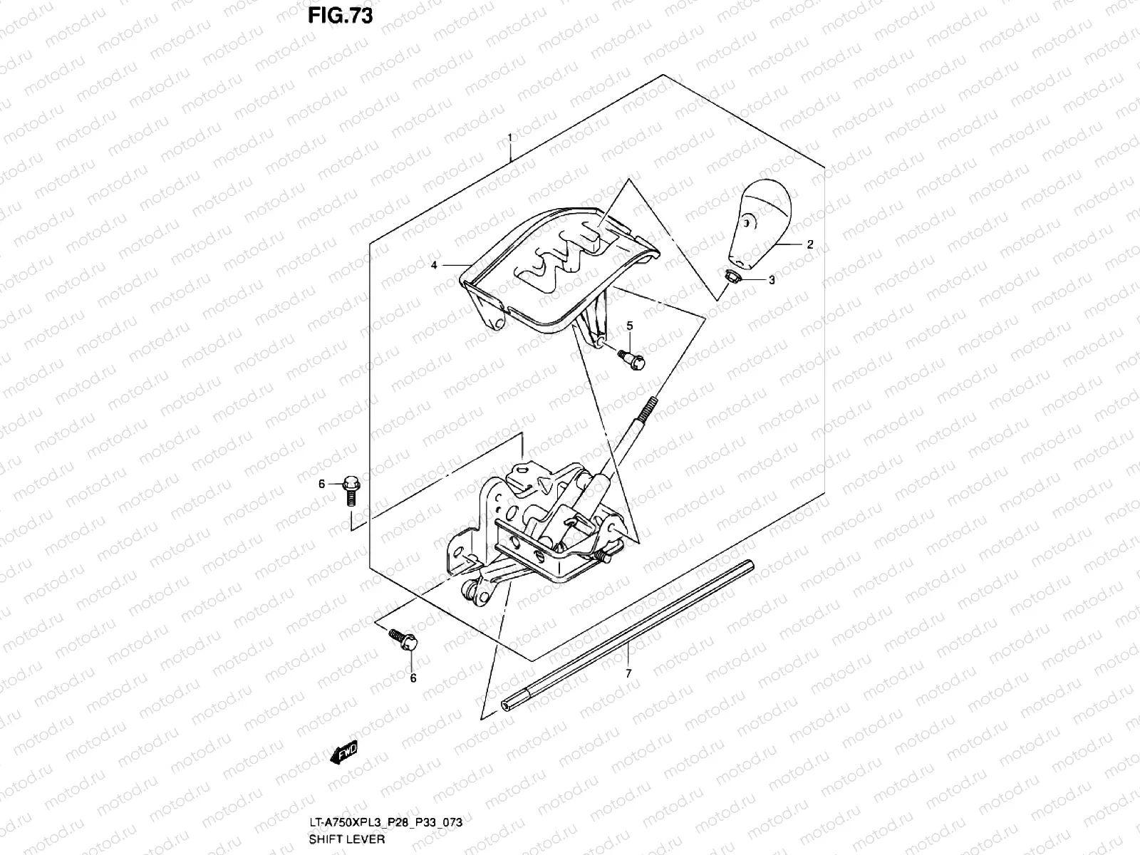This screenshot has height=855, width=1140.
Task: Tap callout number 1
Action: point(510,137)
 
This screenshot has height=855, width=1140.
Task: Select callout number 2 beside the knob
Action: point(810,244)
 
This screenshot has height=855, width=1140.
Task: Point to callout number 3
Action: point(771,281)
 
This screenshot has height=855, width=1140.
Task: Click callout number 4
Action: point(433,265)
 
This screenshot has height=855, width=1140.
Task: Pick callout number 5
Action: point(629,326)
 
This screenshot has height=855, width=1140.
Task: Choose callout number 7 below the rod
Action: point(628,673)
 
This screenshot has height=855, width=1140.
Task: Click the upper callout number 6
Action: point(322,484)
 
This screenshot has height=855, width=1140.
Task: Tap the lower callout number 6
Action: point(413,678)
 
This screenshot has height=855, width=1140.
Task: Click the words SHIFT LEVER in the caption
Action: point(347,839)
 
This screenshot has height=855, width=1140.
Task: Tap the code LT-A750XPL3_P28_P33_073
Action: point(385,822)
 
